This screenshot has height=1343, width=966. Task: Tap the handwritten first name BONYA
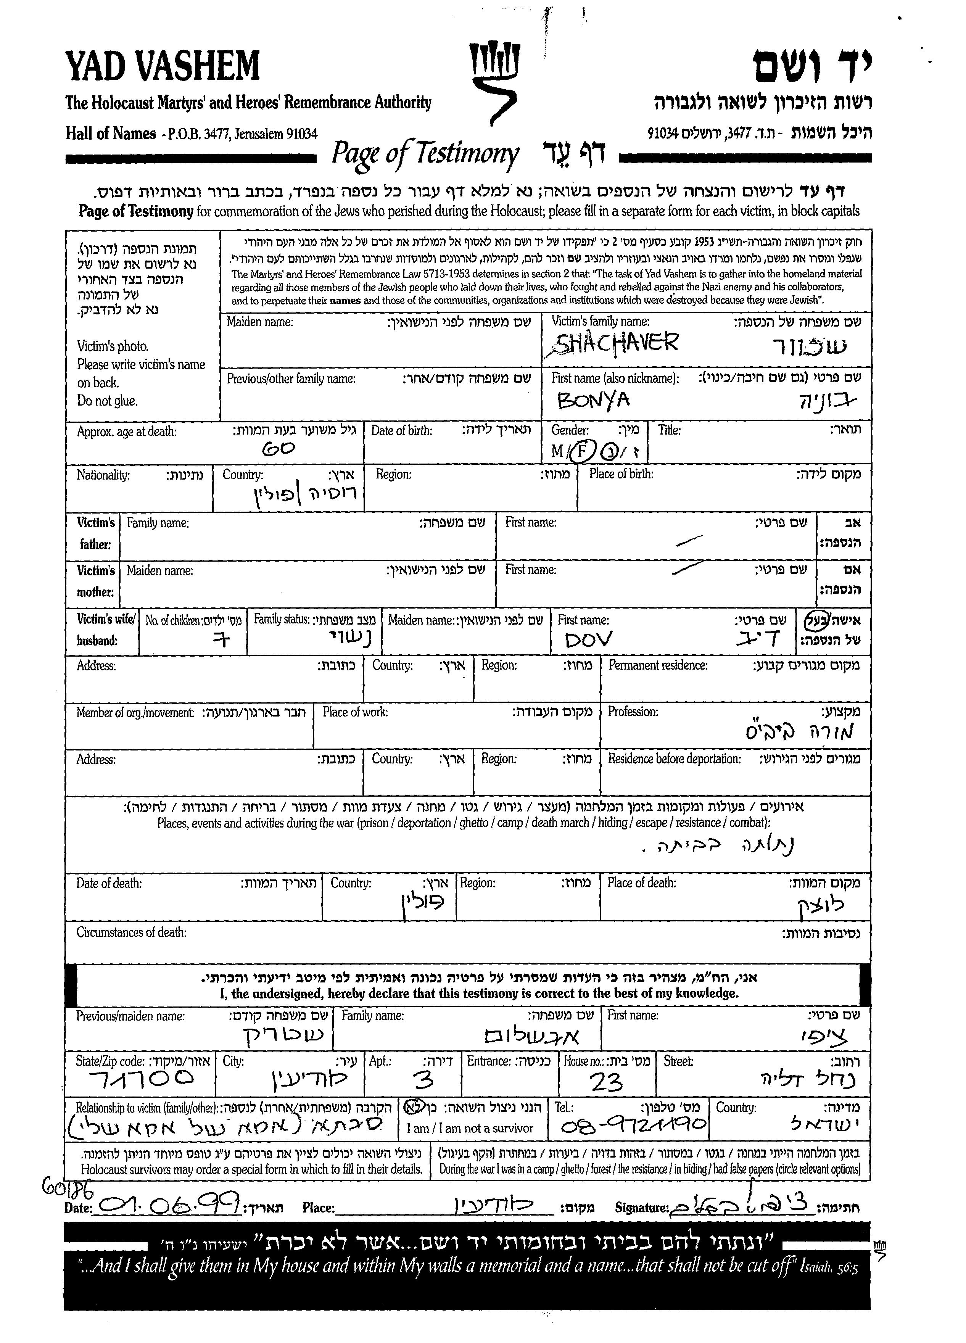[x=593, y=401]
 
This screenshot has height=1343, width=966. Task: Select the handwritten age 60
[x=278, y=449]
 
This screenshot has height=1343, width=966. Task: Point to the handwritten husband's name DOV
[x=588, y=639]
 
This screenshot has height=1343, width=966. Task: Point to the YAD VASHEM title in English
[x=163, y=66]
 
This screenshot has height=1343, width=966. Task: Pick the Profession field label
[x=633, y=712]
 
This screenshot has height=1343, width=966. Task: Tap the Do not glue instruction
[x=107, y=401]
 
